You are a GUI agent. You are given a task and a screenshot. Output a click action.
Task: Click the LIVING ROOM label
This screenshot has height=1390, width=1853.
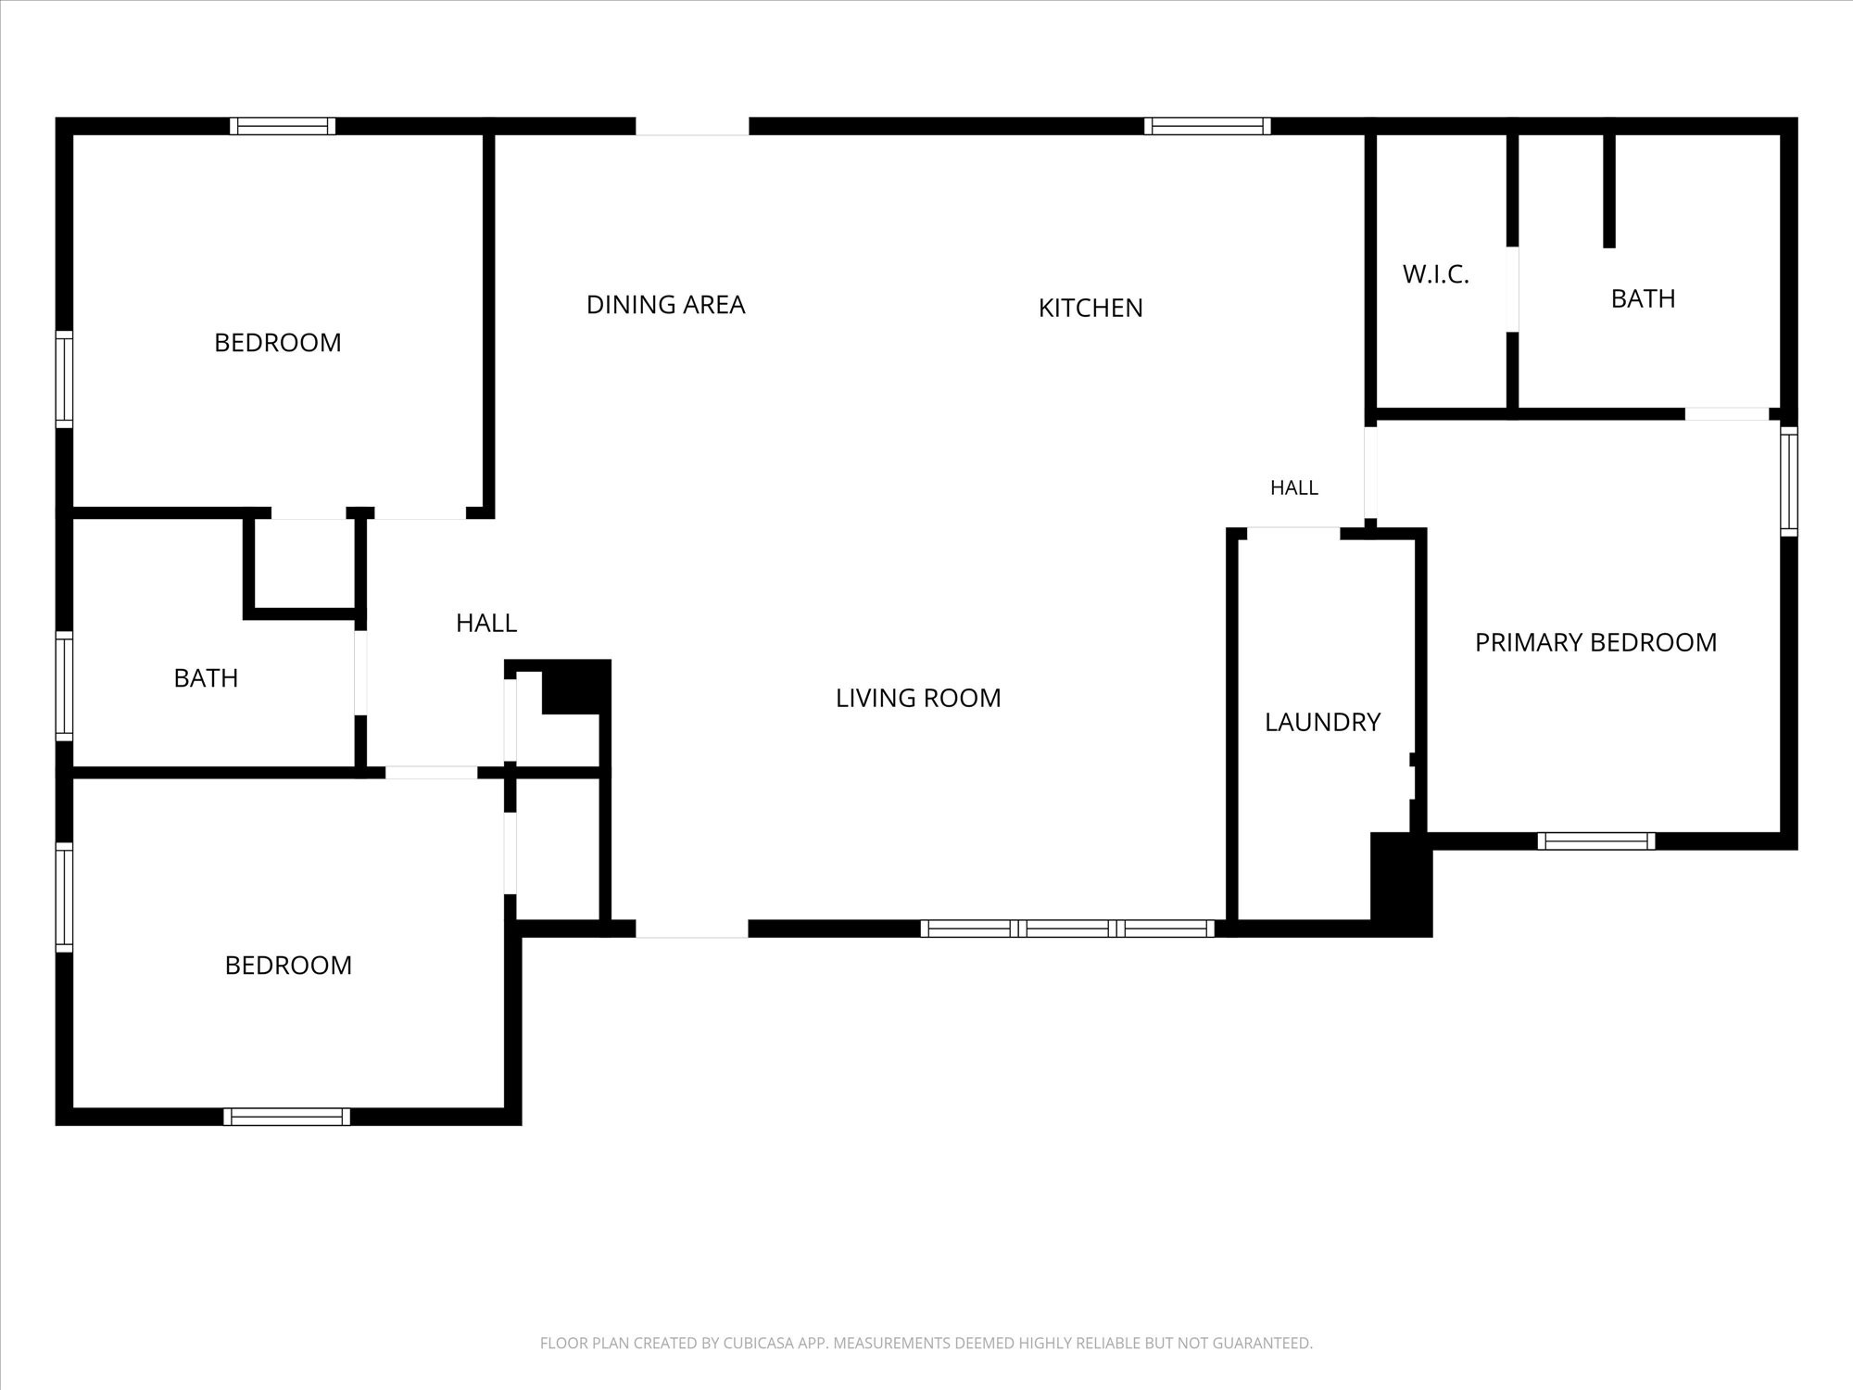[x=918, y=698]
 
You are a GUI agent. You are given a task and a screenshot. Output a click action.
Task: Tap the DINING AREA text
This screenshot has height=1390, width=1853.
[x=665, y=305]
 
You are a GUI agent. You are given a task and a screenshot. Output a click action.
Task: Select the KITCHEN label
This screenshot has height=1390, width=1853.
[x=1090, y=308]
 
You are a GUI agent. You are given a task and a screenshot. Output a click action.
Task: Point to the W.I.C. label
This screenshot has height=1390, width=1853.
[x=1435, y=274]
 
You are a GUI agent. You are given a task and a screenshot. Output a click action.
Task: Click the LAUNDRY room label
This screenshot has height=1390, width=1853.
[x=1322, y=722]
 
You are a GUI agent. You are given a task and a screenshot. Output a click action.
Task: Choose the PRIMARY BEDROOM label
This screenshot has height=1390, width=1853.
[x=1595, y=642]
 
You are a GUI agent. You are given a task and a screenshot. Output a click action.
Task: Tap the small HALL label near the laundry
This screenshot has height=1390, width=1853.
[x=1293, y=487]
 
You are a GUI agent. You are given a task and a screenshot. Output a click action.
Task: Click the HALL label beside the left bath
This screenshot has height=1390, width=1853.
[x=486, y=624]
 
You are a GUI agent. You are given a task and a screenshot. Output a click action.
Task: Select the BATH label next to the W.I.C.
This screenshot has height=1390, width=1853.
[x=1643, y=298]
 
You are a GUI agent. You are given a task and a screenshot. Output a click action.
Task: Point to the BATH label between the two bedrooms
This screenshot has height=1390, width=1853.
[x=206, y=678]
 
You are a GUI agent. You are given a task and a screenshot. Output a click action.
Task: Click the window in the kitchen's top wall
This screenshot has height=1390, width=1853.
[x=1207, y=126]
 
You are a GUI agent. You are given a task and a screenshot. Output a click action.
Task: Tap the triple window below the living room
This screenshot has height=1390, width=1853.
[x=1067, y=929]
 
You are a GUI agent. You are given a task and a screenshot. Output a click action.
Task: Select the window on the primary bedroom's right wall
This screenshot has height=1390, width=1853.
[x=1789, y=482]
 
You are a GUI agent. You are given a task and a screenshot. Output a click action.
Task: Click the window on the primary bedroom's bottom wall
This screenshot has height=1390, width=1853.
[x=1596, y=841]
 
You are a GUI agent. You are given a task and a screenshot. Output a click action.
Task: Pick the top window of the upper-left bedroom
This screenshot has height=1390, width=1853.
[x=283, y=126]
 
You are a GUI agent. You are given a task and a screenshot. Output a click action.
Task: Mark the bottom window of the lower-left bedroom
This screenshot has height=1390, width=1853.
[x=286, y=1117]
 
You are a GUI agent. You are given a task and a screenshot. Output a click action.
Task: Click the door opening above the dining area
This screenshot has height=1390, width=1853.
[x=692, y=127]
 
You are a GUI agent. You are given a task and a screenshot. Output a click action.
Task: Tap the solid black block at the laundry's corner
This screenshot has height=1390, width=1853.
[x=1402, y=885]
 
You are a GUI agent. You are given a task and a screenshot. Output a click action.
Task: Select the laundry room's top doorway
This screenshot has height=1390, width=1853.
[x=1293, y=533]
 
